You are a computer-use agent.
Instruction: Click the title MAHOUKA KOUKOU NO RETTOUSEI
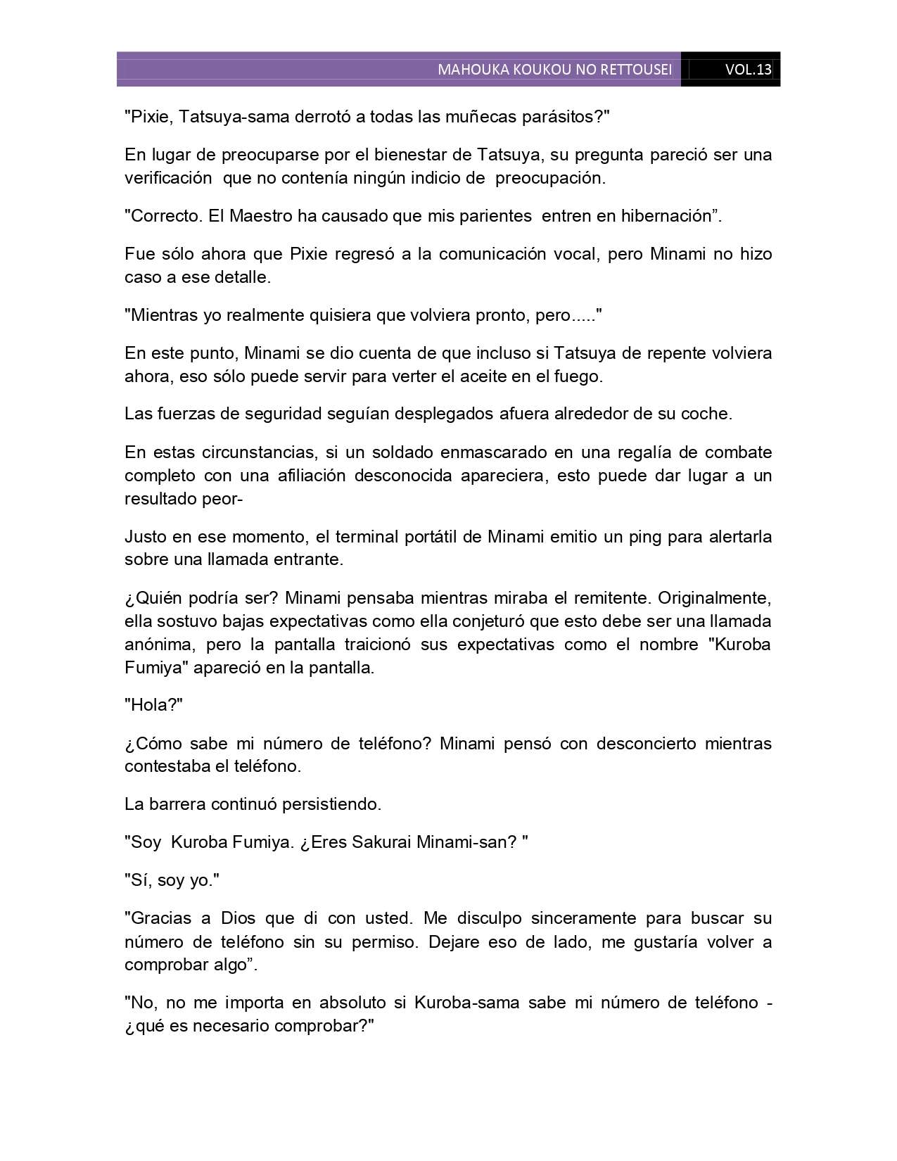point(554,70)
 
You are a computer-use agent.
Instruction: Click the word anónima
point(154,645)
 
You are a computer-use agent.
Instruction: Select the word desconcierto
point(644,744)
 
